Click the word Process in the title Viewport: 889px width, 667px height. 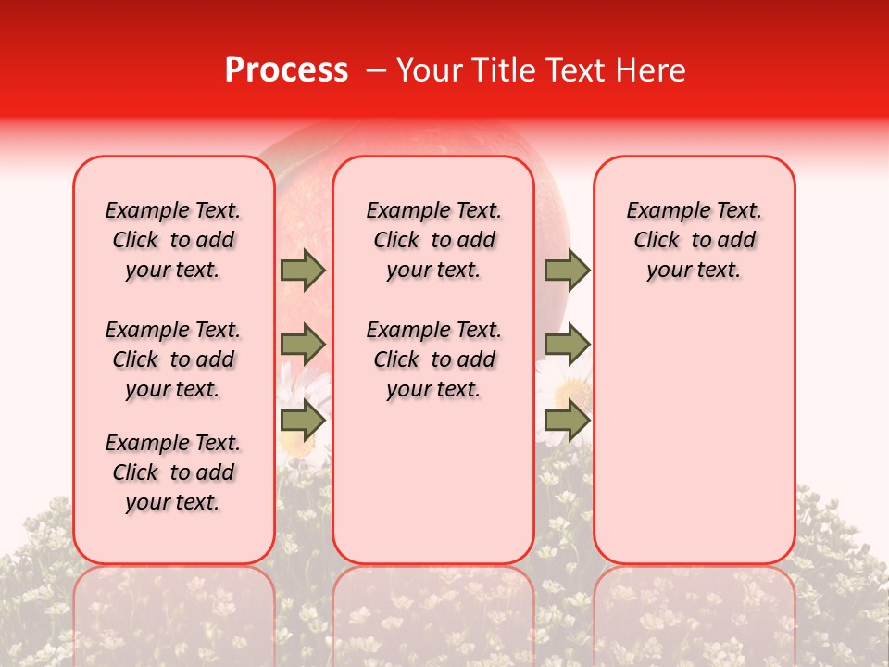[x=286, y=70]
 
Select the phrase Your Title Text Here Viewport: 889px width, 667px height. [x=541, y=70]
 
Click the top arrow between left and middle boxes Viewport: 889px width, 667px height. [x=303, y=270]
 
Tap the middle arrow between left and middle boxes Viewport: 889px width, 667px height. [x=303, y=345]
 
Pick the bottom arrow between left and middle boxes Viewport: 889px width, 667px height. [x=303, y=421]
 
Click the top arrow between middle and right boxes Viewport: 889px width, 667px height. [x=567, y=270]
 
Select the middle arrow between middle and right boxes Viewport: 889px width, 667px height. [x=567, y=345]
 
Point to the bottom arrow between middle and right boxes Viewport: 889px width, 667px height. [x=567, y=421]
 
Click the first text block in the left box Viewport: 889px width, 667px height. [x=173, y=240]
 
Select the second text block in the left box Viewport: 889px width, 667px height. [x=173, y=359]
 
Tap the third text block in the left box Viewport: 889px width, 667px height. [x=173, y=472]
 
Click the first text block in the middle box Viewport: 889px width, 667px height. [x=434, y=240]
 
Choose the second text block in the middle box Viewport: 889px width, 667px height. [x=434, y=359]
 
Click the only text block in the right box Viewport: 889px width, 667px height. [x=695, y=240]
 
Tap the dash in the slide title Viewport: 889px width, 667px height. [x=377, y=70]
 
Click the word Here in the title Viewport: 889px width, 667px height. [x=654, y=70]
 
